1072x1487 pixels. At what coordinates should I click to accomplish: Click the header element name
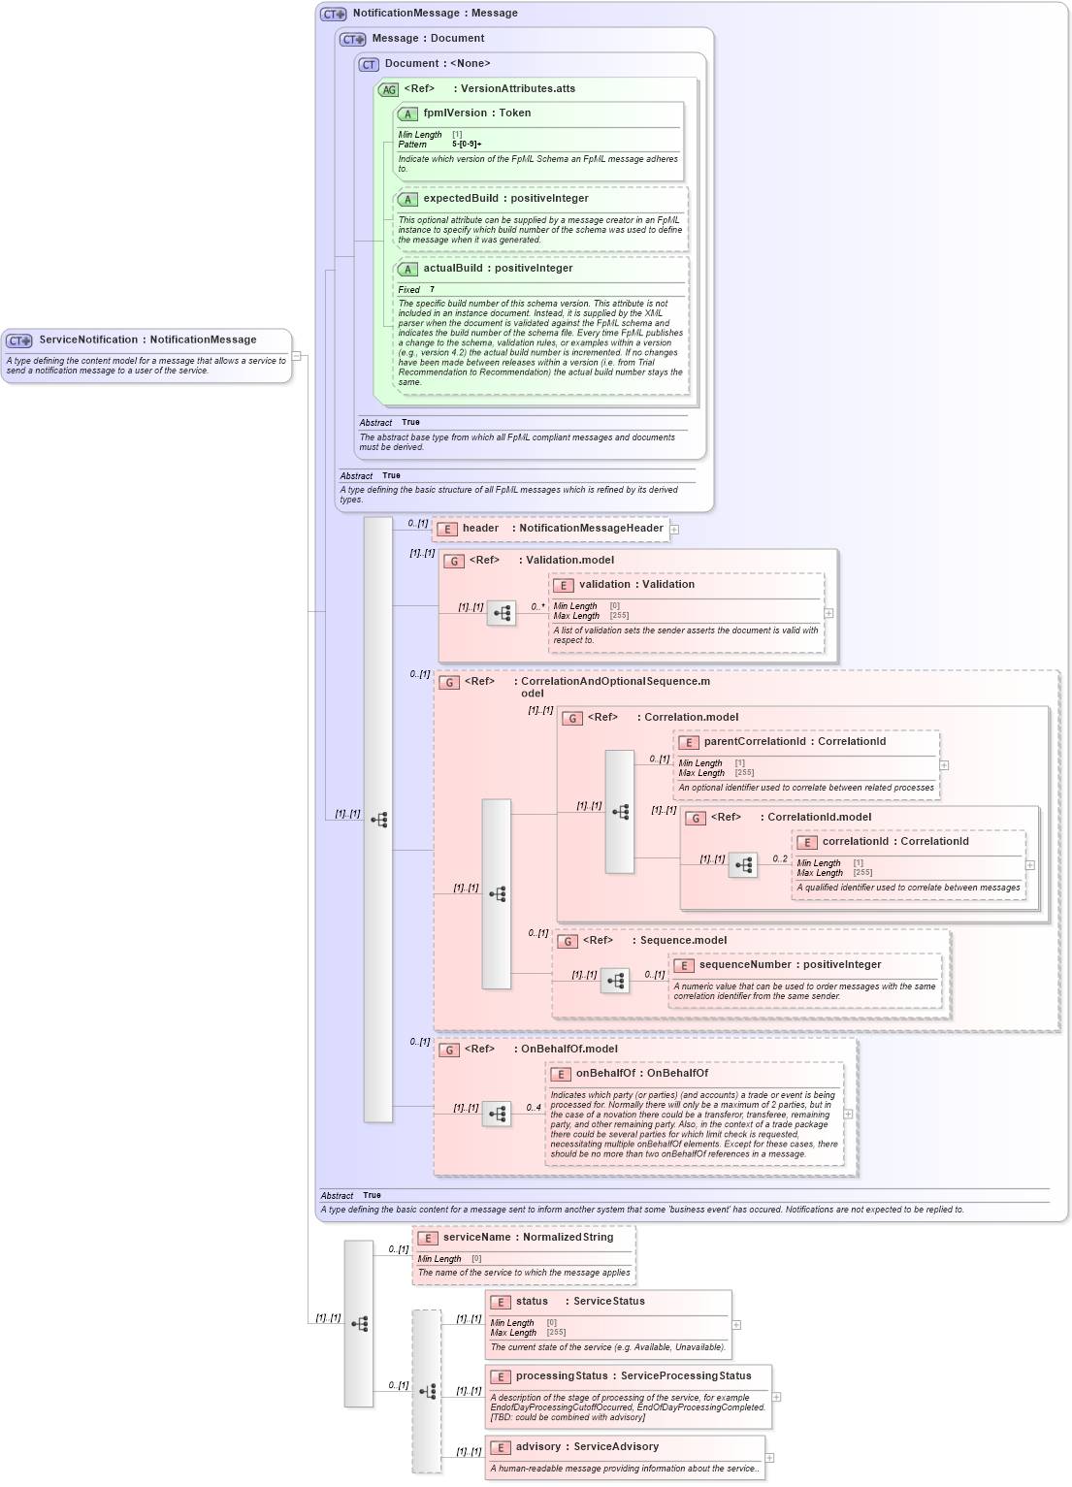(480, 529)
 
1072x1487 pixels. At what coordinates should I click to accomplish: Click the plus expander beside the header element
(674, 530)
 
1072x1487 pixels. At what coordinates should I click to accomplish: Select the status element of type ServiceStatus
(532, 1302)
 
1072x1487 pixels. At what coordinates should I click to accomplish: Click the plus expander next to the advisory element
(769, 1458)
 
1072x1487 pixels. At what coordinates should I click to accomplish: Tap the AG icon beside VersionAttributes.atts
(389, 90)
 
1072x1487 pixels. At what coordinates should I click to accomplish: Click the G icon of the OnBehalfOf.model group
(449, 1051)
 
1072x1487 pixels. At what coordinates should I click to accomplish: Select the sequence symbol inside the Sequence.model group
(615, 981)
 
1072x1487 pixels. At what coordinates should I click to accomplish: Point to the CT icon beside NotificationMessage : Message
(333, 15)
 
